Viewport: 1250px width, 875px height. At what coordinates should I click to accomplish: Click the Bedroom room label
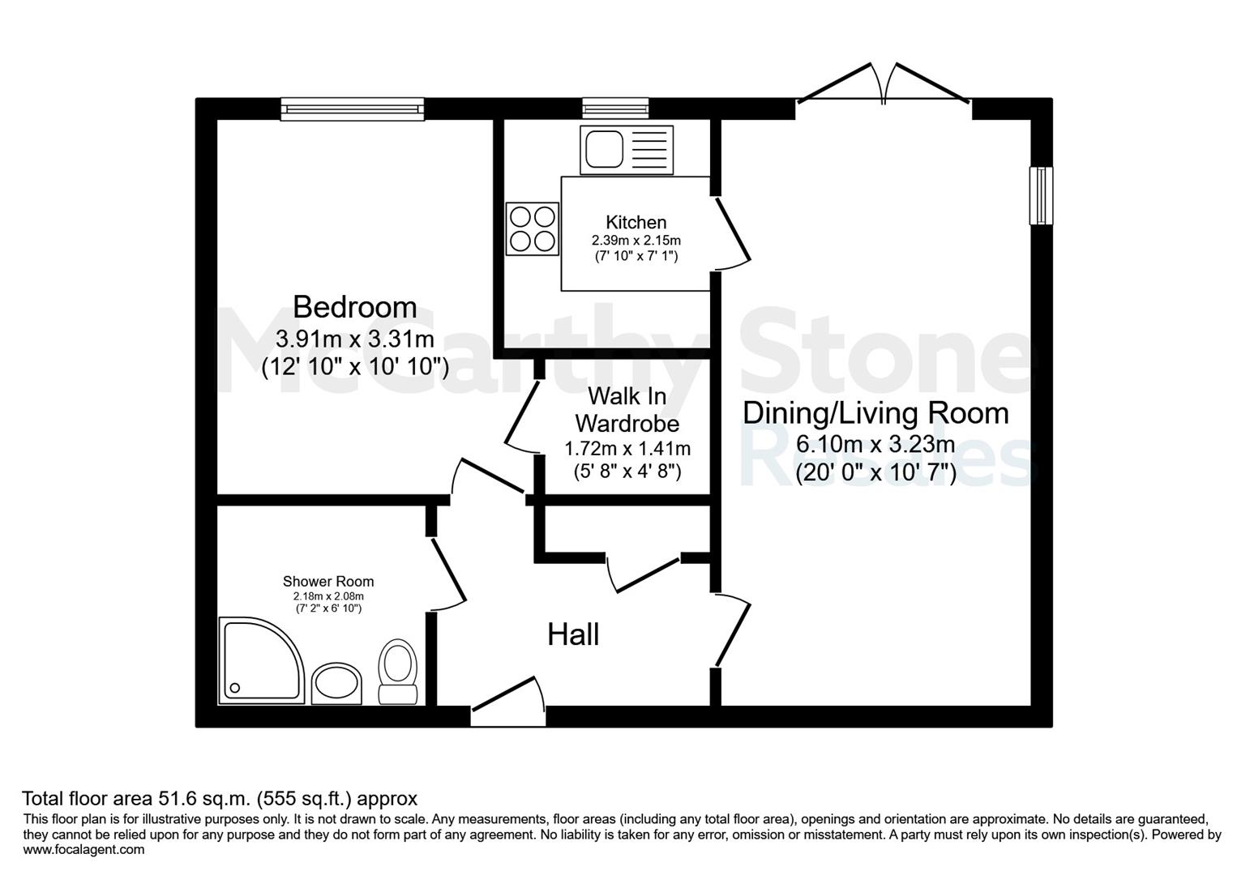coord(355,307)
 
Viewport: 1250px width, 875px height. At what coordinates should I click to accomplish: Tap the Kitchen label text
coord(636,223)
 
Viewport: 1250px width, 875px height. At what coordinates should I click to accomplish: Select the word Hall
coord(573,634)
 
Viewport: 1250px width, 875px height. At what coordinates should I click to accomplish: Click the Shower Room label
coord(328,582)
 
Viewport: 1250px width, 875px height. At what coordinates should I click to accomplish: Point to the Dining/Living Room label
coord(875,414)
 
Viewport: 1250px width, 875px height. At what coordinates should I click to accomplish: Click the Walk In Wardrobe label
coord(627,410)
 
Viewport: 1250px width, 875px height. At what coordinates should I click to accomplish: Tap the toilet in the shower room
coord(398,672)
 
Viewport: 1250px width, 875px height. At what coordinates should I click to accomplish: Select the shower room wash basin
coord(336,683)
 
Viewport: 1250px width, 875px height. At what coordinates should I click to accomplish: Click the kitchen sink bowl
coord(605,149)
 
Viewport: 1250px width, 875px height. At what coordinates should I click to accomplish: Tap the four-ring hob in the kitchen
coord(533,228)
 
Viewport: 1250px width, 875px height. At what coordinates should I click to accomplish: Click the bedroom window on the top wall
coord(352,109)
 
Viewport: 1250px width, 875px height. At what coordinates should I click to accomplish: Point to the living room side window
coord(1042,196)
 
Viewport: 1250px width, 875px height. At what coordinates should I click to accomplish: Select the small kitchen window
coord(615,109)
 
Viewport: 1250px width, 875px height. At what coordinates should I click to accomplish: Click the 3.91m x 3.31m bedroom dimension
coord(355,339)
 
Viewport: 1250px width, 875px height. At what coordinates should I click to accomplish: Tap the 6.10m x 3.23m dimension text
coord(875,445)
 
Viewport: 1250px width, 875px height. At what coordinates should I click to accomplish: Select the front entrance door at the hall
coord(504,694)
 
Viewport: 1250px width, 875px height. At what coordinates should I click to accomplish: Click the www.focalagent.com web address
coord(83,849)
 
